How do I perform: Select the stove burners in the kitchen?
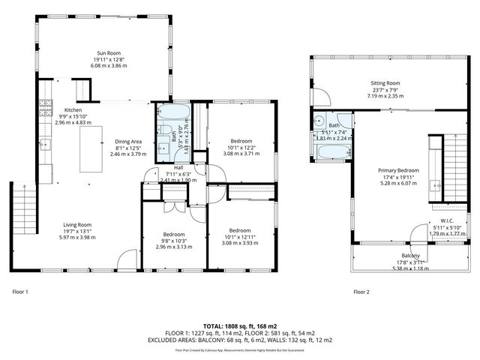(x=45, y=106)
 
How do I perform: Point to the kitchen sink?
(x=45, y=142)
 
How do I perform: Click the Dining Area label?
(x=127, y=141)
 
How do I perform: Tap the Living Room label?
(x=76, y=224)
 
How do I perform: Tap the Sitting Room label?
(x=385, y=83)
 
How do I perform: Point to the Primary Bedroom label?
(x=398, y=170)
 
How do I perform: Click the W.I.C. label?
(x=446, y=221)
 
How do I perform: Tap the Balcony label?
(x=400, y=256)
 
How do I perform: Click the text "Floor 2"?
(x=361, y=291)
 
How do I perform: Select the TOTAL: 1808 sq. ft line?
(x=239, y=326)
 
